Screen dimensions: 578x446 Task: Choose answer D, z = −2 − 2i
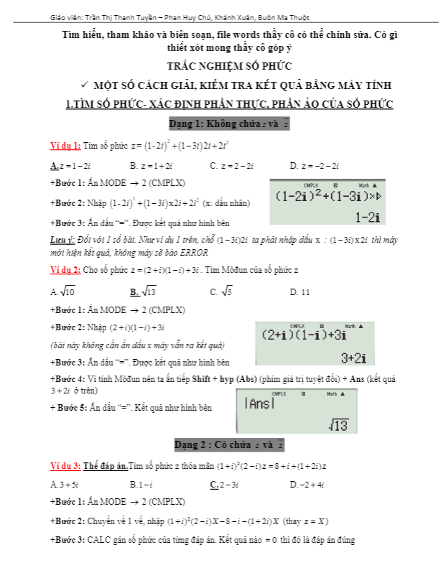pos(314,166)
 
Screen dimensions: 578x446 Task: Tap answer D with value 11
pos(299,292)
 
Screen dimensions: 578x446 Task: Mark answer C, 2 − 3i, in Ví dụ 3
pos(228,485)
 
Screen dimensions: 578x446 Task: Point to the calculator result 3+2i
pos(353,358)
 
